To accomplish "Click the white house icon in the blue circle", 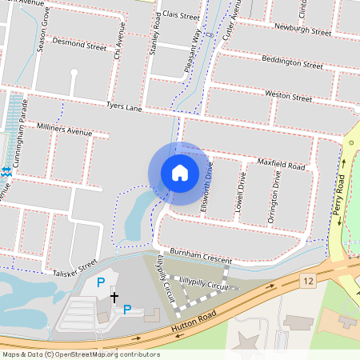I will (x=180, y=172).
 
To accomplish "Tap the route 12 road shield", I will (x=308, y=280).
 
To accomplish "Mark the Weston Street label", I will (x=288, y=96).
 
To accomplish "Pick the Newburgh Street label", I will (x=302, y=31).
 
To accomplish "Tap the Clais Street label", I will (x=180, y=15).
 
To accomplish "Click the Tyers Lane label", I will (x=123, y=107).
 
